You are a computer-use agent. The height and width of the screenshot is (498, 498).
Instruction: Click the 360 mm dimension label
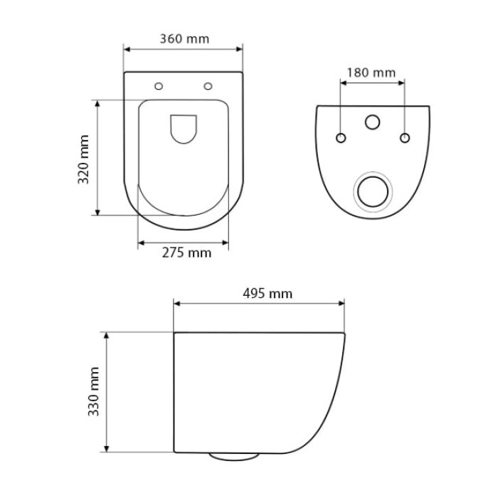tap(184, 39)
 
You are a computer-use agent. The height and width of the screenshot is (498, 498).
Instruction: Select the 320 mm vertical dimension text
tap(84, 159)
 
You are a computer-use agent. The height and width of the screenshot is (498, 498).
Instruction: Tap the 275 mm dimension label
tap(186, 253)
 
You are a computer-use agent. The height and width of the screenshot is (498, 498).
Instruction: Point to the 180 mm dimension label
tap(371, 73)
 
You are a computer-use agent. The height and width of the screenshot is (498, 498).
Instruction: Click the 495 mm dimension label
tap(267, 293)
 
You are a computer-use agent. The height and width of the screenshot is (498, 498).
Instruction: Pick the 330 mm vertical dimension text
tap(94, 391)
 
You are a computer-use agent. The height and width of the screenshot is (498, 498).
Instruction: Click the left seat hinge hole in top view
tap(159, 86)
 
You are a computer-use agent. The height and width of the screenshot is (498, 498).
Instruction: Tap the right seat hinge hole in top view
tap(208, 86)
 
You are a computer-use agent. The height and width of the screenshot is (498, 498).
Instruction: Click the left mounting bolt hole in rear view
tap(341, 138)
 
